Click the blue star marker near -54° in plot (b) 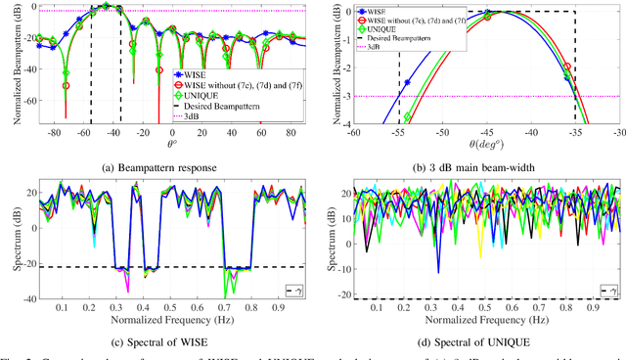[407, 82]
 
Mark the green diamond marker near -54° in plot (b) [408, 116]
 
